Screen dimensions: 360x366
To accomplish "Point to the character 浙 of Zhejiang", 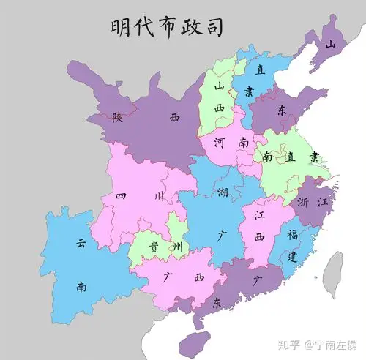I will (x=303, y=202).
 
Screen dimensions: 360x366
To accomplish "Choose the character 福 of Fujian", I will (x=292, y=235).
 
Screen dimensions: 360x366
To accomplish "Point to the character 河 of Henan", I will (x=219, y=143).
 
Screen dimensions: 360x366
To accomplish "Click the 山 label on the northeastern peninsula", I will (x=330, y=45).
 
